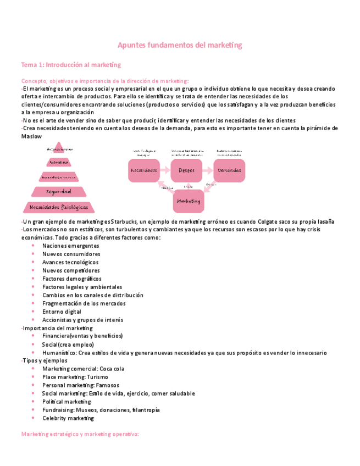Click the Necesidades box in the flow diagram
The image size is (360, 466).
pyautogui.click(x=144, y=171)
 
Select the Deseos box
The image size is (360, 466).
pyautogui.click(x=186, y=171)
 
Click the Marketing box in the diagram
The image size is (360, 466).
pyautogui.click(x=189, y=201)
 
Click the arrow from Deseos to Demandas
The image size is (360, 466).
pyautogui.click(x=207, y=171)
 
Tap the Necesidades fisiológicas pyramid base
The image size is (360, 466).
pyautogui.click(x=58, y=207)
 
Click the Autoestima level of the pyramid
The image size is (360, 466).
pyautogui.click(x=58, y=162)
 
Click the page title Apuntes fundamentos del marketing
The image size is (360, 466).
pyautogui.click(x=180, y=45)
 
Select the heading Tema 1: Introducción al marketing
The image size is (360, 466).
pyautogui.click(x=71, y=65)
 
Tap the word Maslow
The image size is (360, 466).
pyautogui.click(x=31, y=136)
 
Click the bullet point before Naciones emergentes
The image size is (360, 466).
pyautogui.click(x=34, y=246)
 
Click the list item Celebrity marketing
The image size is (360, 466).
pyautogui.click(x=68, y=418)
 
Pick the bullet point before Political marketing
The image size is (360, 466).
pyautogui.click(x=34, y=402)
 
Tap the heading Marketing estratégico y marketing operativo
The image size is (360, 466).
pyautogui.click(x=80, y=434)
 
